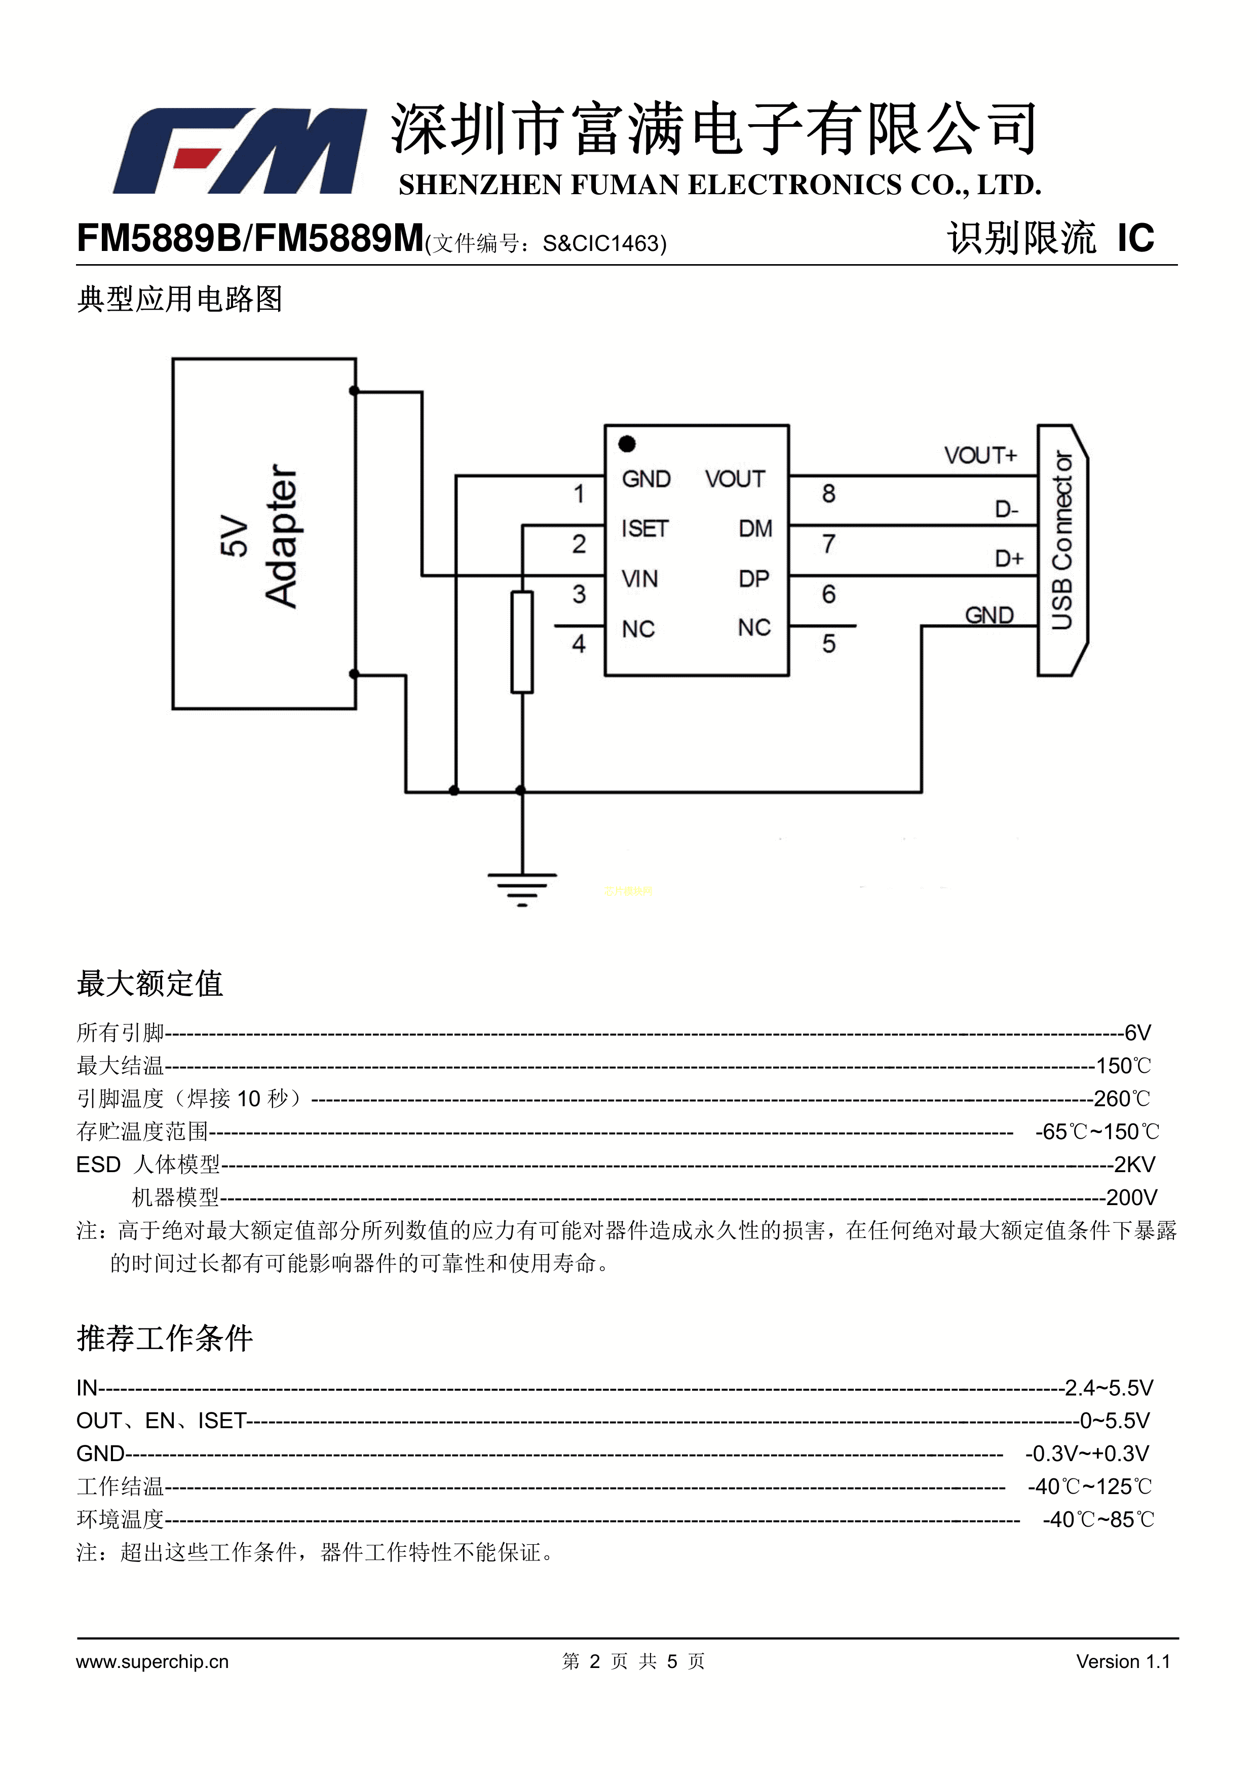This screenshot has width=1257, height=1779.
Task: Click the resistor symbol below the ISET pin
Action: click(x=522, y=641)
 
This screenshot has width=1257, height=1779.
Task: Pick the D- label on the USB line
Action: click(x=1006, y=509)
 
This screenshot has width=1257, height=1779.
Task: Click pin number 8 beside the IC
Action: click(x=829, y=494)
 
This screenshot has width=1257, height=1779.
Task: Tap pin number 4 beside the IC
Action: click(x=579, y=644)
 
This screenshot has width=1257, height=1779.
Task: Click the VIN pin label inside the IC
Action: click(x=640, y=579)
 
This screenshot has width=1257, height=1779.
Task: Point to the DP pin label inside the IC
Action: click(x=753, y=579)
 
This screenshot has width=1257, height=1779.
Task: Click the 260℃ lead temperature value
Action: click(x=1121, y=1099)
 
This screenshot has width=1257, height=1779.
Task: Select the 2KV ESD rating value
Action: click(x=1134, y=1165)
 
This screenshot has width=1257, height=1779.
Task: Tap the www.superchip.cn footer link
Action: click(x=153, y=1661)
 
